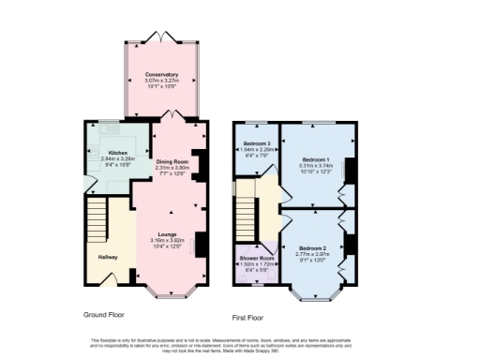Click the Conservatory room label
coord(161,74)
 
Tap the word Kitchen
coord(117,152)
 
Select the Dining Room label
coord(172,161)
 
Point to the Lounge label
coord(168,234)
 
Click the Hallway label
coord(109,256)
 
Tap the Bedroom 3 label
coord(256,142)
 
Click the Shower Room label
coord(254,258)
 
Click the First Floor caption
coord(248,318)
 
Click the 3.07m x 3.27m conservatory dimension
coord(161,81)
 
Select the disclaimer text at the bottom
coord(240,344)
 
